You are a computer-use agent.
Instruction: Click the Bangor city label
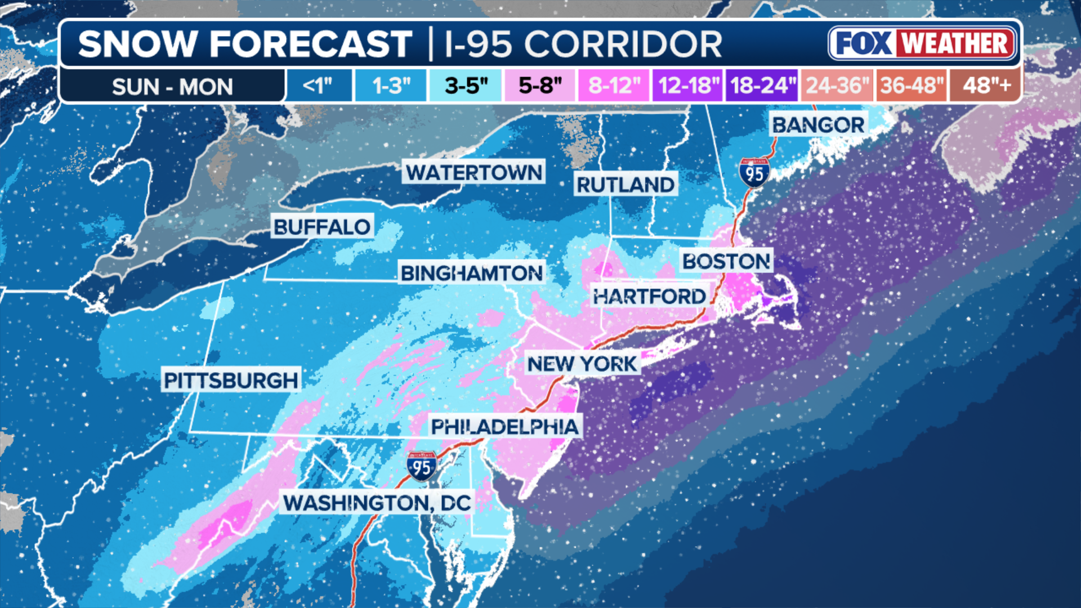[x=818, y=125]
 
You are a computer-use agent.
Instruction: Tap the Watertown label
[x=474, y=172]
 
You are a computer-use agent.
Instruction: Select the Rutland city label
[x=626, y=185]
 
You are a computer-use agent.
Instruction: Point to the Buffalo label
[x=322, y=227]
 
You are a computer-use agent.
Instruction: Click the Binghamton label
[x=472, y=273]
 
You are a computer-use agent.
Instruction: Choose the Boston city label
[x=726, y=261]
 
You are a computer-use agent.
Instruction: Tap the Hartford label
[x=649, y=296]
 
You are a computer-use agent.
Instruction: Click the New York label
[x=582, y=364]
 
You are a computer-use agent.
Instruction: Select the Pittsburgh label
[x=231, y=380]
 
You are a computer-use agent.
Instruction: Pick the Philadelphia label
[x=504, y=427]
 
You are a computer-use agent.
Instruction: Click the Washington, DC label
[x=377, y=503]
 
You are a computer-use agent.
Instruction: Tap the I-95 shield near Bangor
[x=754, y=172]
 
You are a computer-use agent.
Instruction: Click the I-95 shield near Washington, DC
[x=422, y=466]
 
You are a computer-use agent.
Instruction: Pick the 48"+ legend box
[x=986, y=86]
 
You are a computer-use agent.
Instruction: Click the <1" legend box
[x=318, y=86]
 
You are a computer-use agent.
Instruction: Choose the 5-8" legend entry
[x=540, y=86]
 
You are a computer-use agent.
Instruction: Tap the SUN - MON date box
[x=172, y=87]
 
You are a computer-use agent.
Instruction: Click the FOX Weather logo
[x=923, y=43]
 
